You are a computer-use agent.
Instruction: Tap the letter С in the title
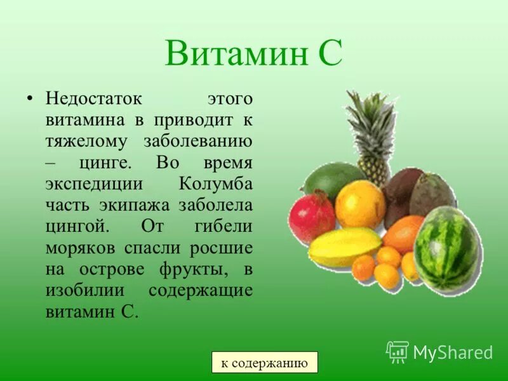329,53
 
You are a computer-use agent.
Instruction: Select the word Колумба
216,184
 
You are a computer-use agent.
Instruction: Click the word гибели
226,227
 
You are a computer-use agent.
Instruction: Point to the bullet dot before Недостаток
29,100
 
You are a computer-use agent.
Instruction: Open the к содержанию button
264,363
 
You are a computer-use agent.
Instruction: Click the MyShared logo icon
397,351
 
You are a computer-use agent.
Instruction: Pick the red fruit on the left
311,217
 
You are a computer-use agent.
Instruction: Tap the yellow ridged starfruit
344,247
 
